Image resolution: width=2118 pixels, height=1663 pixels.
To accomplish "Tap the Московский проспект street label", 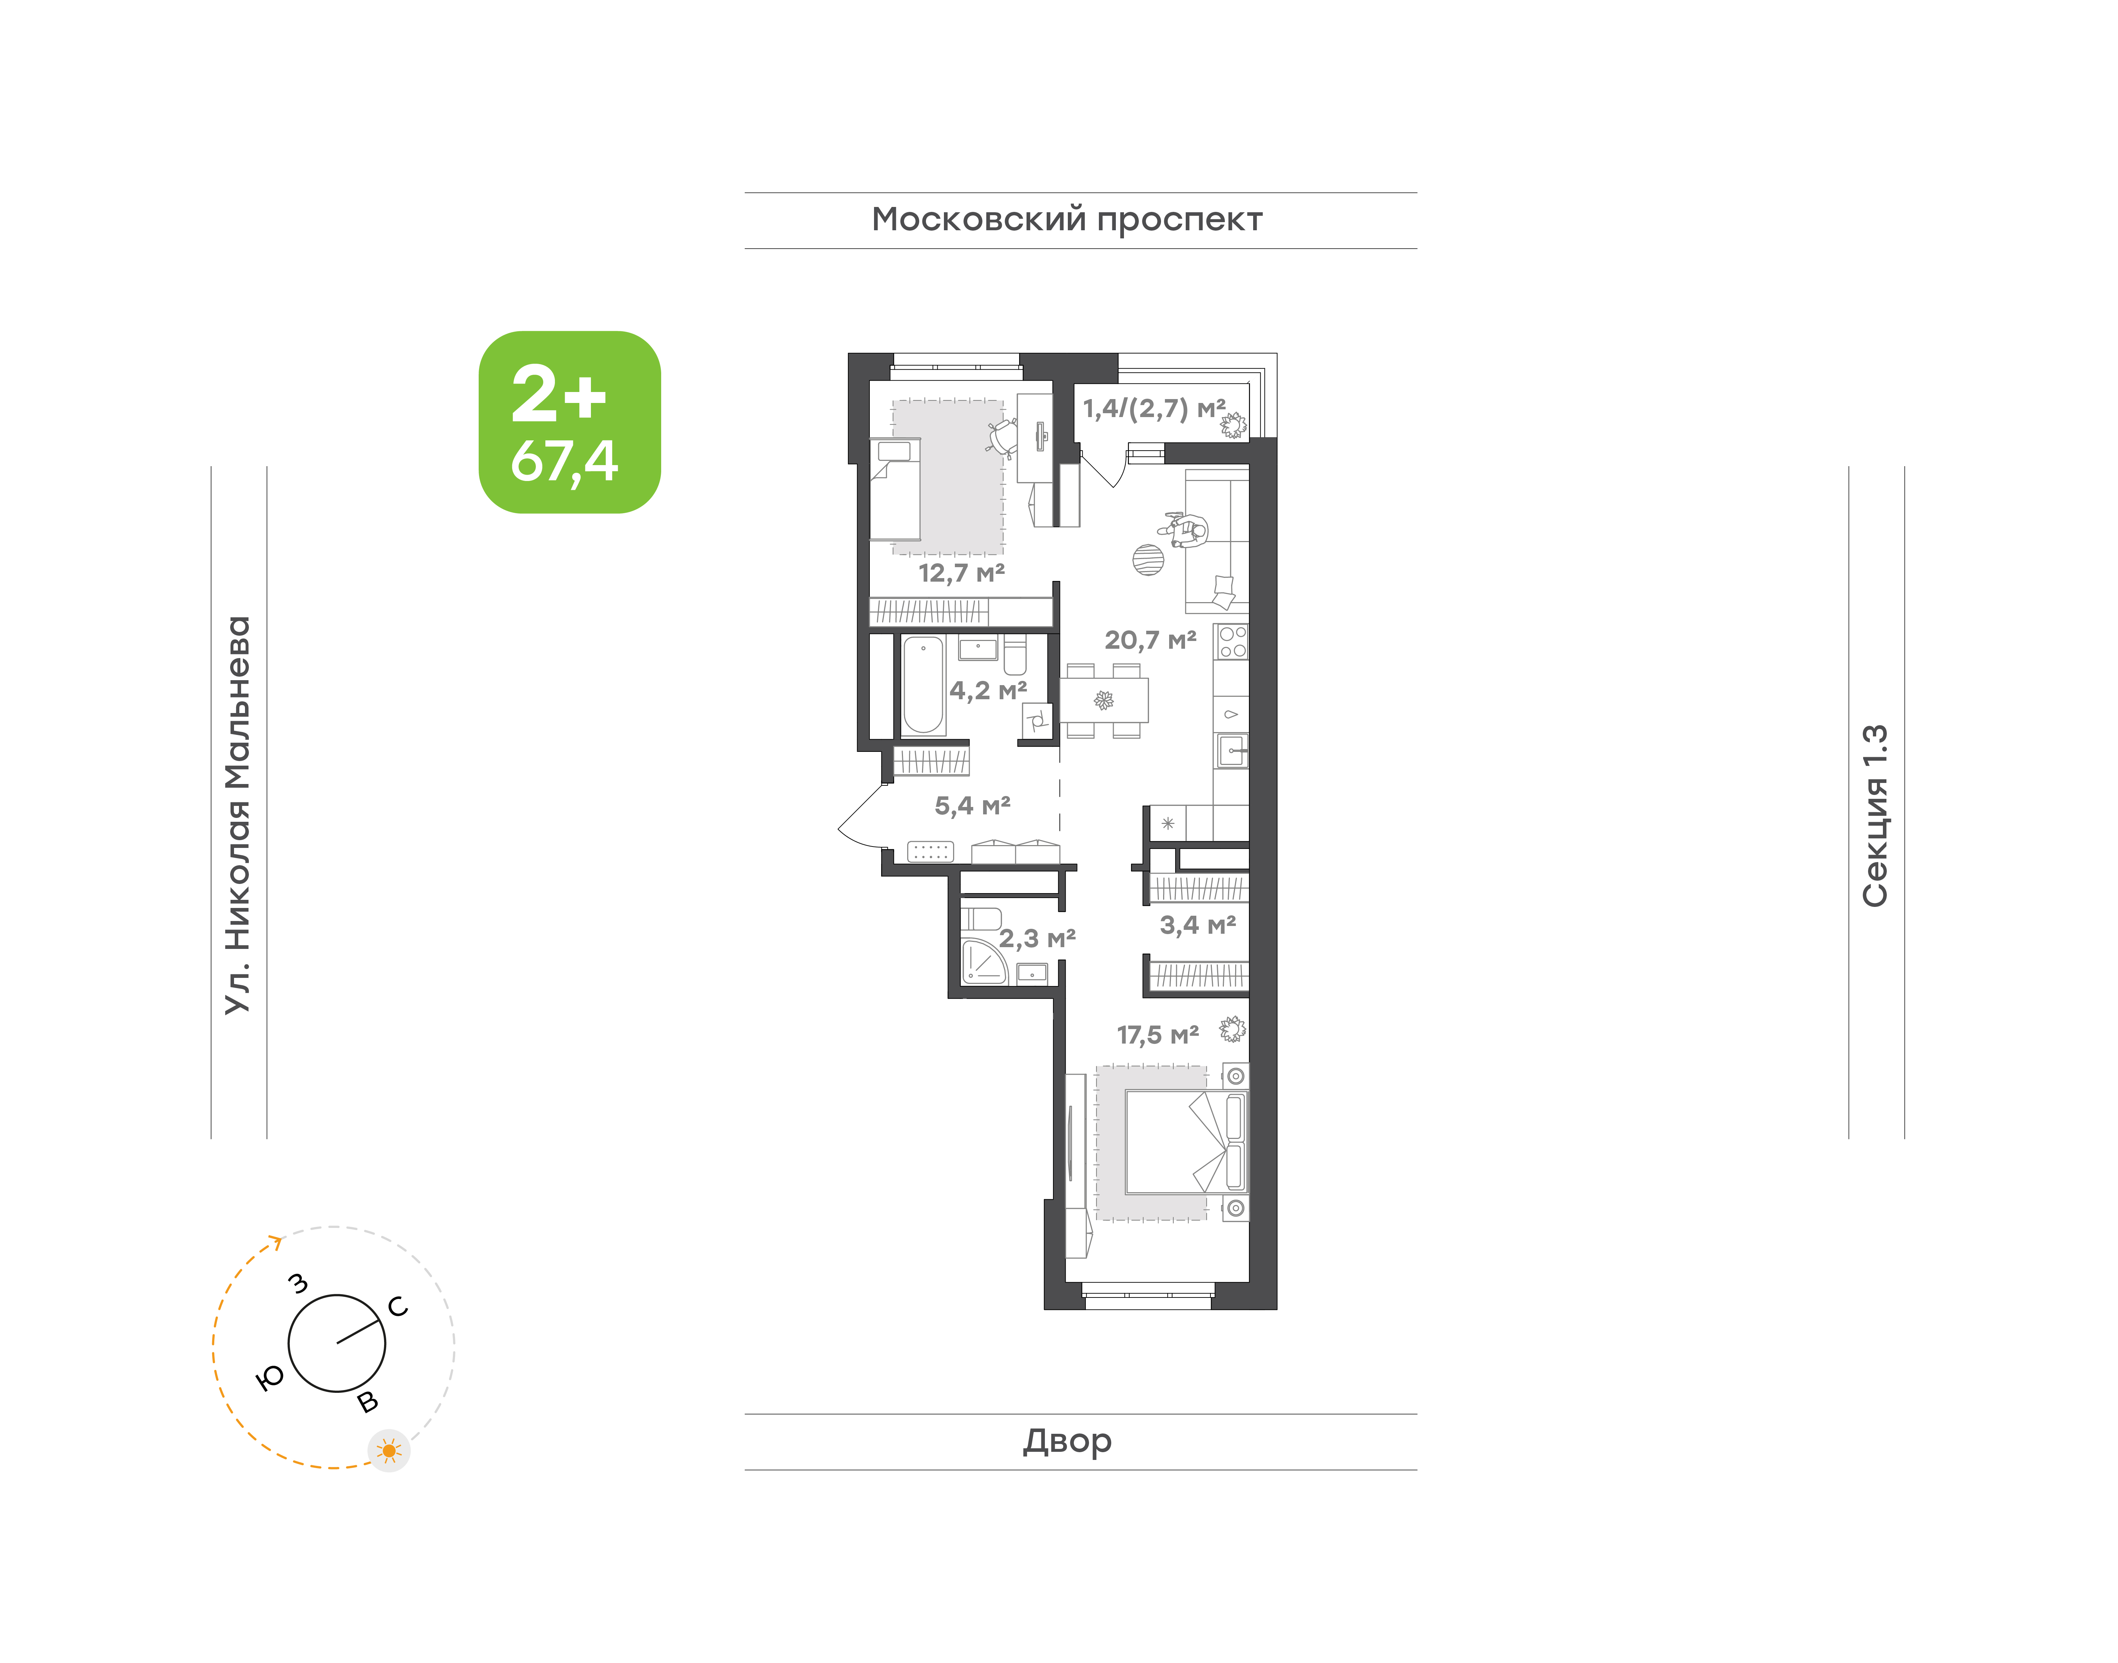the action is click(1067, 220).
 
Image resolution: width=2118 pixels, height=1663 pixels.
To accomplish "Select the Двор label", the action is click(1067, 1441).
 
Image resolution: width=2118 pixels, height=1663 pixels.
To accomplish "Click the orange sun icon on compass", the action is click(389, 1451).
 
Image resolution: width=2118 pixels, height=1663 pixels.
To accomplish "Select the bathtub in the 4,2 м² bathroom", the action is click(923, 684).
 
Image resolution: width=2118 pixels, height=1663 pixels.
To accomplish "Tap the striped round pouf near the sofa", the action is click(1149, 560).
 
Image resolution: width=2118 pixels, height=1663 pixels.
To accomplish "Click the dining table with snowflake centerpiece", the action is click(1104, 700).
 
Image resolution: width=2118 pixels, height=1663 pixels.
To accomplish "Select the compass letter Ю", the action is click(270, 1377).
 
